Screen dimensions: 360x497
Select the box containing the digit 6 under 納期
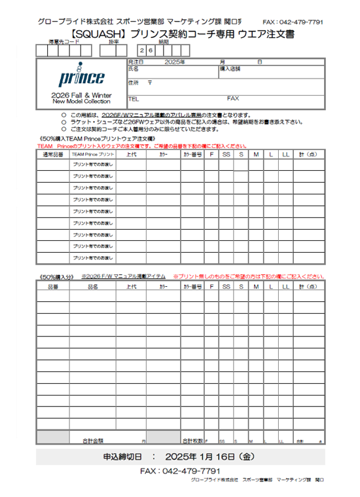pyautogui.click(x=151, y=50)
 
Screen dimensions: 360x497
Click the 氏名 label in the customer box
pyautogui.click(x=134, y=68)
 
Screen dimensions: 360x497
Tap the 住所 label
pyautogui.click(x=134, y=83)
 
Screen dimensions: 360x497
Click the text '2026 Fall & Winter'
pyautogui.click(x=81, y=96)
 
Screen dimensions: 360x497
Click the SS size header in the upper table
pyautogui.click(x=226, y=155)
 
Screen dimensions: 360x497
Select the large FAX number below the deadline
pyautogui.click(x=180, y=471)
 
